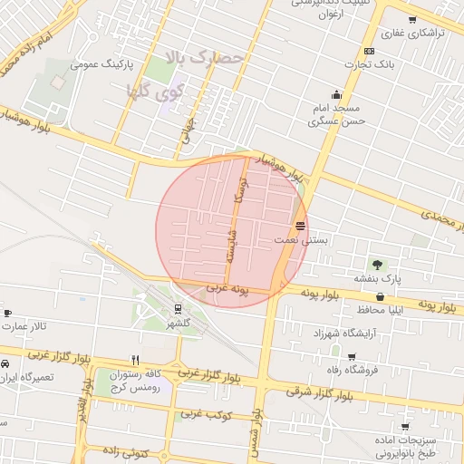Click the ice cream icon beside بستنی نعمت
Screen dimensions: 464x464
pyautogui.click(x=300, y=226)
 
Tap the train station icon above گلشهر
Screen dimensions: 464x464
pyautogui.click(x=177, y=307)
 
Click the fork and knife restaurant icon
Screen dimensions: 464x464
pyautogui.click(x=135, y=359)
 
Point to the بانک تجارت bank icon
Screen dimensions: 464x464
pyautogui.click(x=369, y=51)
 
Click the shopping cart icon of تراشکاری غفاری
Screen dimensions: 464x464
pyautogui.click(x=412, y=20)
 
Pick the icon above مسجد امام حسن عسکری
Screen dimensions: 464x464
pyautogui.click(x=337, y=95)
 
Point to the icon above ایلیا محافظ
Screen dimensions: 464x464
pyautogui.click(x=380, y=296)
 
